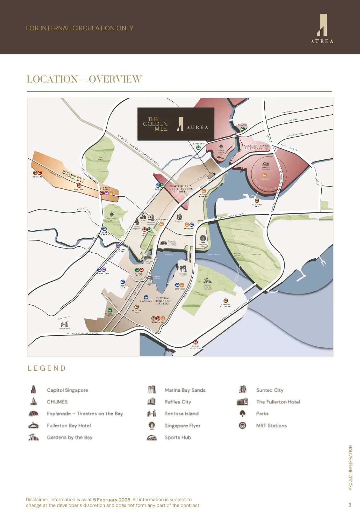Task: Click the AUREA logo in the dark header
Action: click(322, 28)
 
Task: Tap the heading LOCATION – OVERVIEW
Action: click(84, 79)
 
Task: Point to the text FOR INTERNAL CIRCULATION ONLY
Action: click(80, 28)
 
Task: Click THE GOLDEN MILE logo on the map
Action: click(156, 124)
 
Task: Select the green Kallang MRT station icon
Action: click(243, 129)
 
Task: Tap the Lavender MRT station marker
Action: click(198, 148)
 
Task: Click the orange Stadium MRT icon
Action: click(265, 175)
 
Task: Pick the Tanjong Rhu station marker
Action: click(257, 201)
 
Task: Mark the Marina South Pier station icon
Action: click(196, 342)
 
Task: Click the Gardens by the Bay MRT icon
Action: click(226, 301)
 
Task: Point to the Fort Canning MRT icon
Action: click(104, 229)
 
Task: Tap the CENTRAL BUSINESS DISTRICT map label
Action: click(163, 301)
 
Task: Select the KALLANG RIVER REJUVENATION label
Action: click(256, 147)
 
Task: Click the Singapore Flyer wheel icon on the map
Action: click(203, 239)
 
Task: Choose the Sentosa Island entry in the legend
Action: click(181, 414)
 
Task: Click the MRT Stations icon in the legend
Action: click(243, 426)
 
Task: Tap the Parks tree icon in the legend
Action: click(243, 414)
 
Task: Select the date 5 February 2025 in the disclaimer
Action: click(112, 500)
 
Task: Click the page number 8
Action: click(350, 505)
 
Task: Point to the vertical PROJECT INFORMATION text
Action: click(350, 468)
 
